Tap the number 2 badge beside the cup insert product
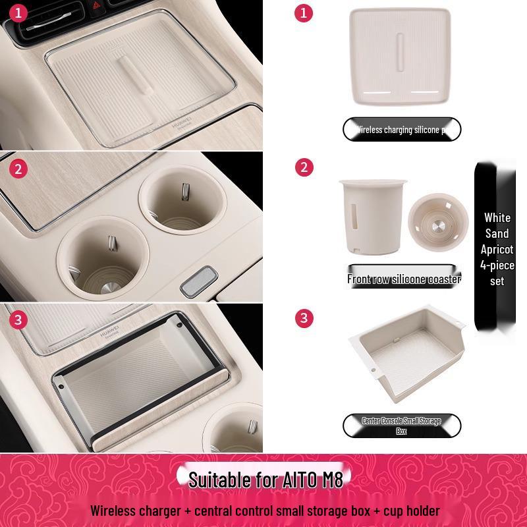coord(304,167)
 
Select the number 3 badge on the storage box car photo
coord(19,320)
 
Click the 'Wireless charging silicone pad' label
coord(402,130)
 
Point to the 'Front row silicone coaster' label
coord(404,279)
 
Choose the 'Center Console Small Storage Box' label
coord(402,426)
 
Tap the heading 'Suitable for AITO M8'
coord(265,479)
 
